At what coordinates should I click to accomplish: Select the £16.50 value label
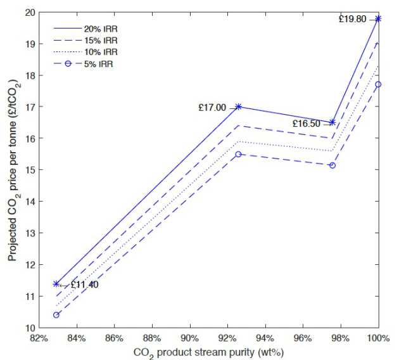coord(306,123)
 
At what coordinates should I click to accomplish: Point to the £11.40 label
coord(85,285)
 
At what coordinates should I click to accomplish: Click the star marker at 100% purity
coord(378,19)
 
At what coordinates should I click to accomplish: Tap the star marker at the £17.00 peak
coord(238,106)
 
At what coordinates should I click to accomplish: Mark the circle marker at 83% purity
coord(56,315)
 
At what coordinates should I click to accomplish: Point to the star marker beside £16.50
coord(332,122)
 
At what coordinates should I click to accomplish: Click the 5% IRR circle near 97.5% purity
coord(332,165)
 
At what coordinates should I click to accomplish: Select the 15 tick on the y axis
coord(30,170)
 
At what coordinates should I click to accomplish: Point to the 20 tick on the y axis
coord(30,12)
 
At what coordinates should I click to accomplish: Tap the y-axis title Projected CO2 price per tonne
coord(12,171)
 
